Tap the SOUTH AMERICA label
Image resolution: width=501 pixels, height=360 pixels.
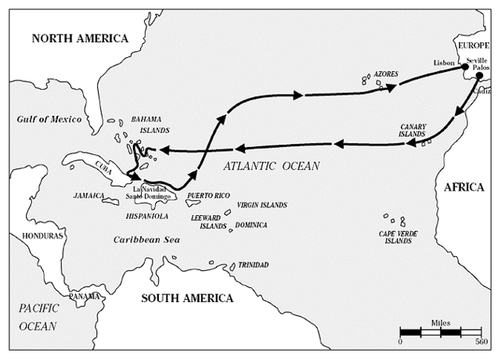point(187,297)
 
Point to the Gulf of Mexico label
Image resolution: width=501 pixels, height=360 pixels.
point(50,119)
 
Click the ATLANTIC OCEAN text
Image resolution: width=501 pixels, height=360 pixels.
point(269,166)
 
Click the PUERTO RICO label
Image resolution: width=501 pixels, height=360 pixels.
point(207,195)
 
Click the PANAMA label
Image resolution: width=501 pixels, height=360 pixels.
point(84,296)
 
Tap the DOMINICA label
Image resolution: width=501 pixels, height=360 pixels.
point(251,225)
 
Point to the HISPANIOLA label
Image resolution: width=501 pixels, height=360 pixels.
point(146,214)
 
